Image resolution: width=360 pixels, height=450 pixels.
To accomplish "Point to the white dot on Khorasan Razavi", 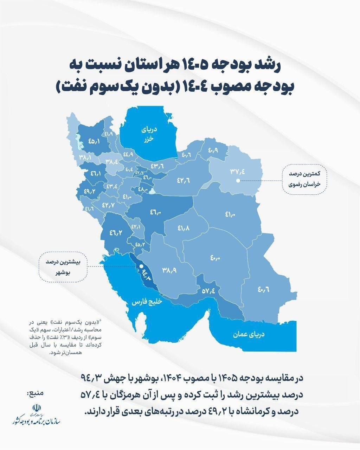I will pyautogui.click(x=238, y=181).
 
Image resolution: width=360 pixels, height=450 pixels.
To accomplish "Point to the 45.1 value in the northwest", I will pyautogui.click(x=94, y=141).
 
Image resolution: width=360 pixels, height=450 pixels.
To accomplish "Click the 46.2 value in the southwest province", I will pyautogui.click(x=116, y=232).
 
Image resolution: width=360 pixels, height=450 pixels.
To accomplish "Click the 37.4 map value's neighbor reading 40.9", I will pyautogui.click(x=213, y=150).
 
